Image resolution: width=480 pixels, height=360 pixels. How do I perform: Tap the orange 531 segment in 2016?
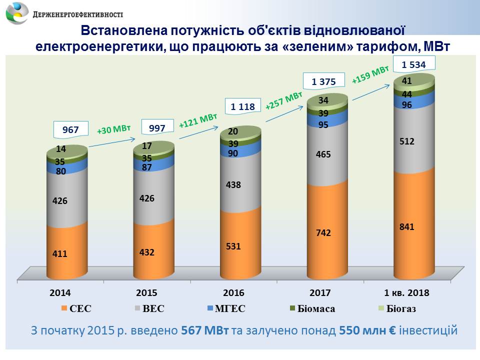[240, 246]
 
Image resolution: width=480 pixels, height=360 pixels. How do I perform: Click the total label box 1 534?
[414, 64]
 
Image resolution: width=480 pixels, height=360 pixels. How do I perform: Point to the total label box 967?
[70, 129]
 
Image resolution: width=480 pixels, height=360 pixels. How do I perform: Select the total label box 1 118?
[242, 106]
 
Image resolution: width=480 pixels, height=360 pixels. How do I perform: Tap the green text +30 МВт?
[113, 130]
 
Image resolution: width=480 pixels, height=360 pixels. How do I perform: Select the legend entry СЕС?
[76, 308]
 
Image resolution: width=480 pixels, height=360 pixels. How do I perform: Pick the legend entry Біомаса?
[311, 308]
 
